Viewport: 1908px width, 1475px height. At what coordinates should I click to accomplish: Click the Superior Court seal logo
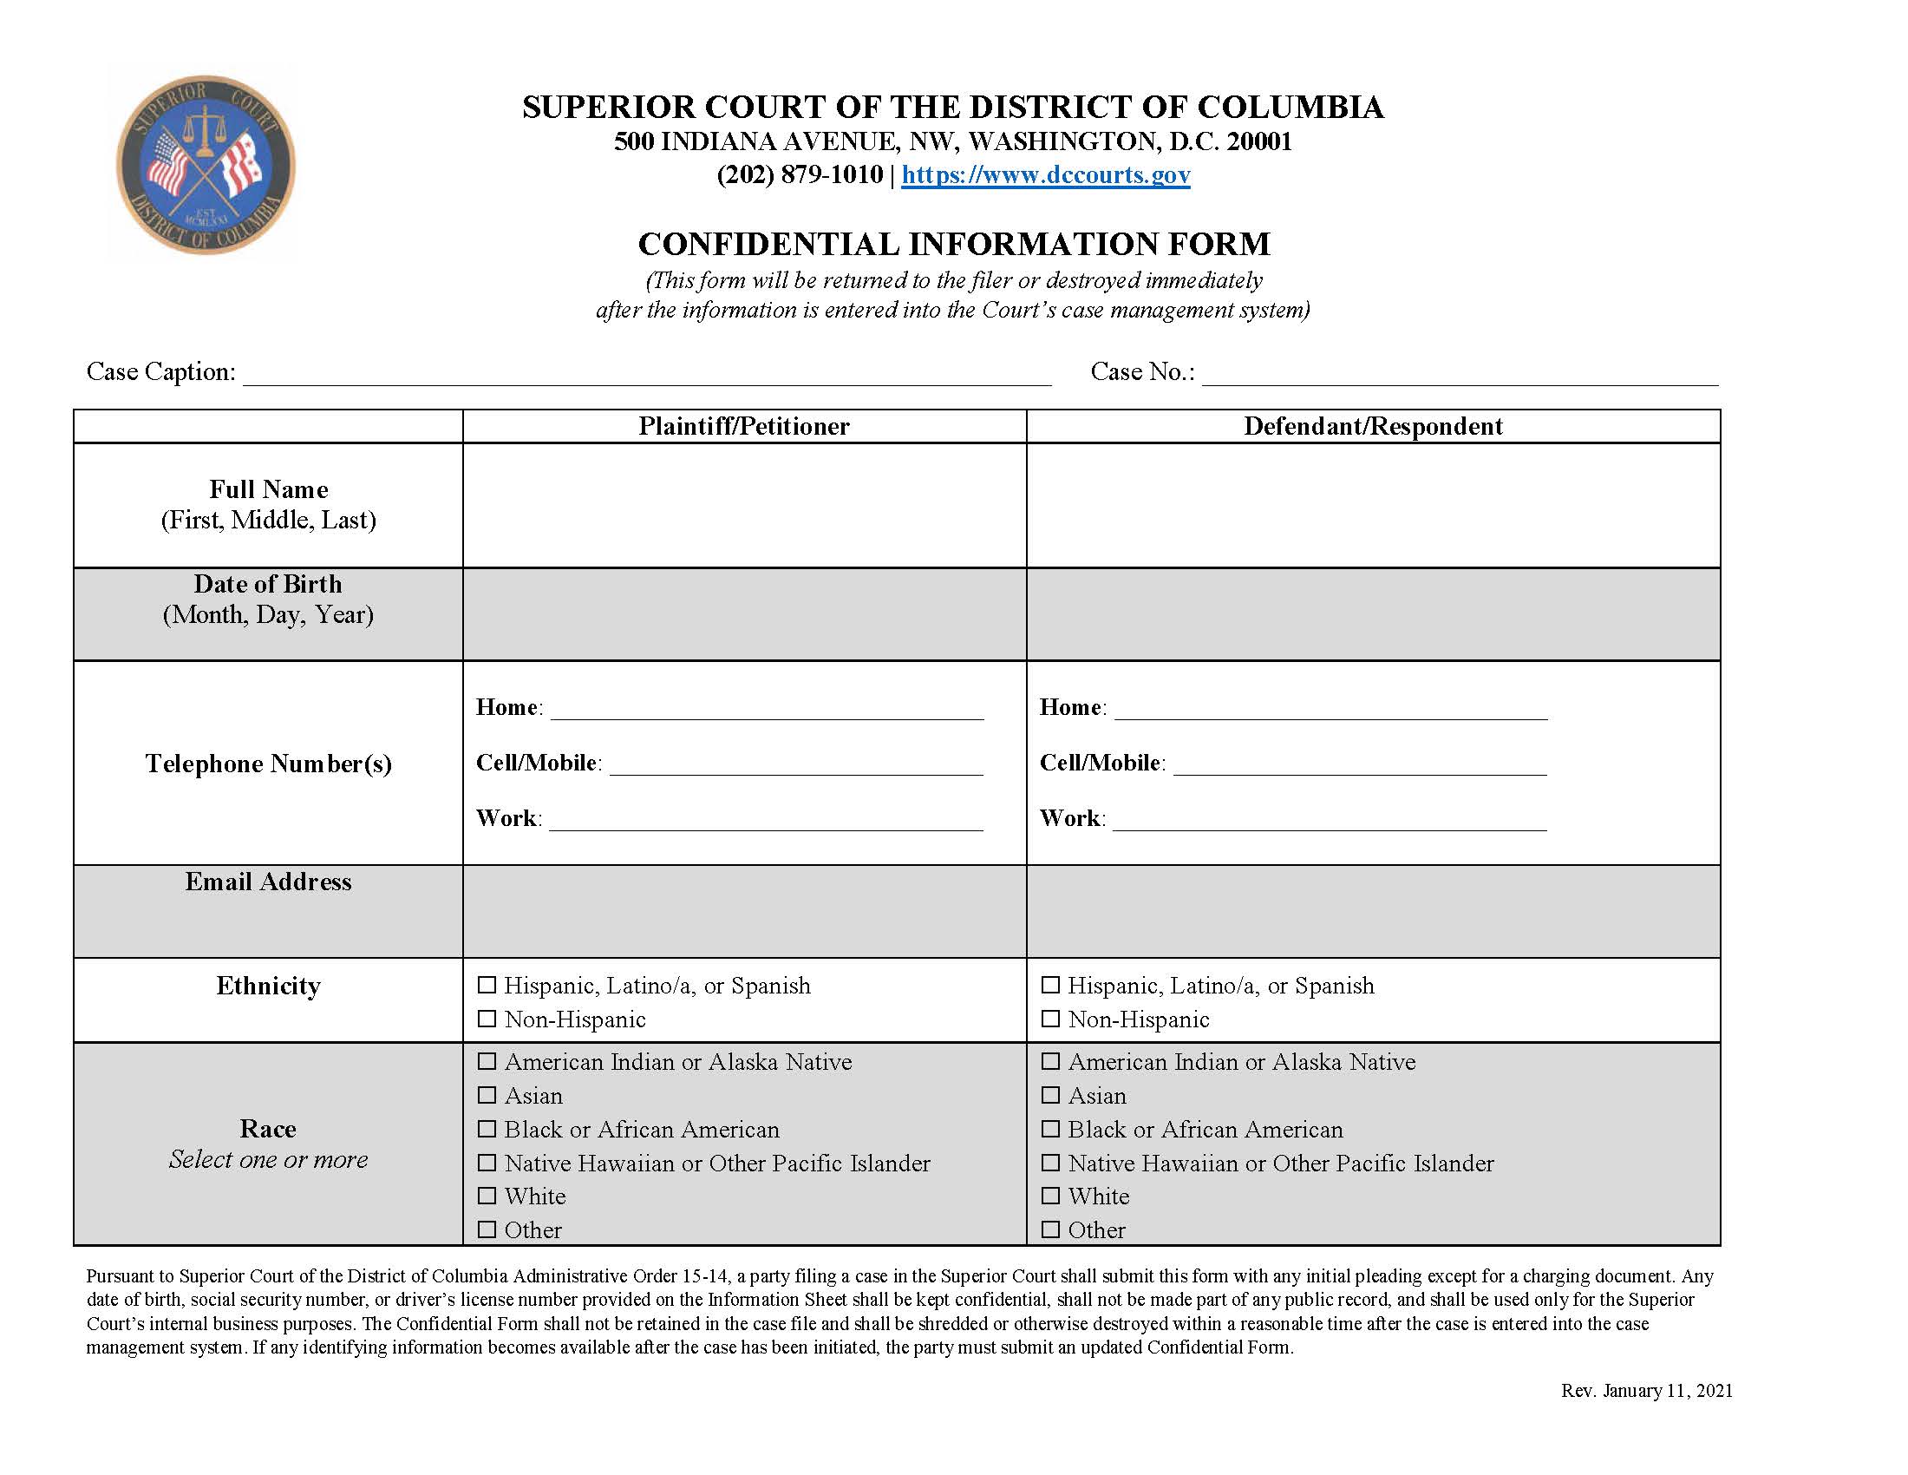coord(206,164)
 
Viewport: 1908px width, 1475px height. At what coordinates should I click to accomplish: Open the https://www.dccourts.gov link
coord(1045,174)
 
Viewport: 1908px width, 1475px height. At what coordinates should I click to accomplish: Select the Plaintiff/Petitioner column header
coord(743,426)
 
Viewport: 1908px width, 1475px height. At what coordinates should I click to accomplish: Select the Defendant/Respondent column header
coord(1373,426)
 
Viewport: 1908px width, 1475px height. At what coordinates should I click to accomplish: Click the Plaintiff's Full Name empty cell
coord(743,505)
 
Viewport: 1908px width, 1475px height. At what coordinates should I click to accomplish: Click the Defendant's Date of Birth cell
coord(1373,614)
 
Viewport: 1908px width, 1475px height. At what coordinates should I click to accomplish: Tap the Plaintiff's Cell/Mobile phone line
coord(795,764)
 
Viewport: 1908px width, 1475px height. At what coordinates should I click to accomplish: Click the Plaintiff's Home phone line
coord(767,709)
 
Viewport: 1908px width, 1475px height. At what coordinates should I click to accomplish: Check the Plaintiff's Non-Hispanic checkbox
coord(487,1019)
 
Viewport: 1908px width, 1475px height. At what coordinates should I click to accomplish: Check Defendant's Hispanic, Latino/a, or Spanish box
coord(1050,985)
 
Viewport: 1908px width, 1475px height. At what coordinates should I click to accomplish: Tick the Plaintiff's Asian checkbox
coord(487,1095)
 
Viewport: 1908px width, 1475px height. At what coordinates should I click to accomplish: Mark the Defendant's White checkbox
coord(1050,1196)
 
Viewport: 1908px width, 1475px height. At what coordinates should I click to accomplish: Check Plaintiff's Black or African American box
coord(487,1129)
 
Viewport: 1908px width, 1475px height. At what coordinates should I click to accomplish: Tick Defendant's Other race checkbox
coord(1050,1229)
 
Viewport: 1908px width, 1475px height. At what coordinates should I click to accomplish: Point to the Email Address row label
coord(268,882)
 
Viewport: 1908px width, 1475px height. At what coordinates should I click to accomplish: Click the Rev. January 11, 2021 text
coord(1646,1390)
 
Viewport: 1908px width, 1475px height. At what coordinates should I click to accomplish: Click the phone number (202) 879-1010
coord(800,174)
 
